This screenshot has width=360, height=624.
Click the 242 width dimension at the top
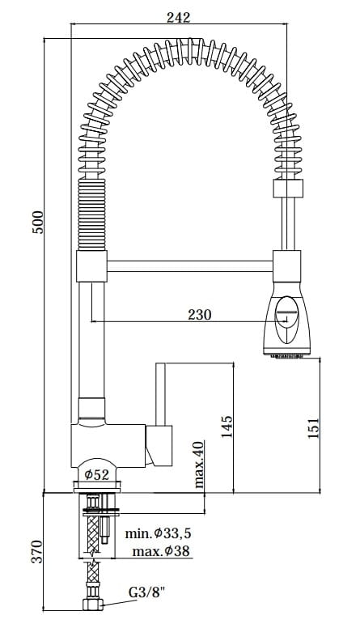click(x=178, y=18)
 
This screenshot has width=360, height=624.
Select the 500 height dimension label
click(x=39, y=222)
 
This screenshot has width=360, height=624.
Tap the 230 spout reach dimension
click(x=200, y=315)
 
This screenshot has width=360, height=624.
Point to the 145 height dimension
click(x=227, y=427)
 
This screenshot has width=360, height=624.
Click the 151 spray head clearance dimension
click(x=313, y=428)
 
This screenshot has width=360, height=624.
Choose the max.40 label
click(x=199, y=465)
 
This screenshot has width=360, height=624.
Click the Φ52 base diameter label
click(x=96, y=474)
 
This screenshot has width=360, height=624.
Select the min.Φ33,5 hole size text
click(x=158, y=533)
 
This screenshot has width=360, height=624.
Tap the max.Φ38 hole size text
click(x=161, y=551)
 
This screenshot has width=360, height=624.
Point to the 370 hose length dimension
click(x=37, y=552)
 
